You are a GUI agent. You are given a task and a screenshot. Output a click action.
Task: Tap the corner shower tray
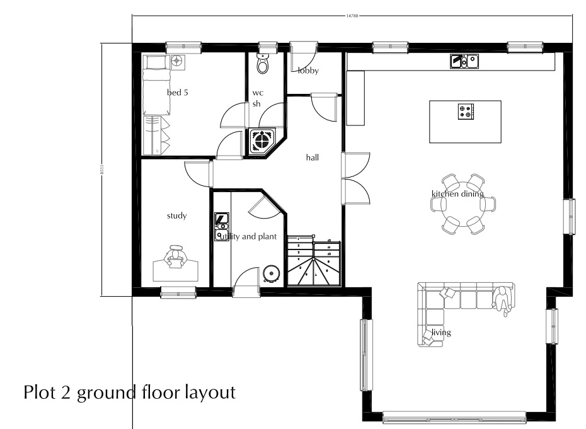(x=261, y=140)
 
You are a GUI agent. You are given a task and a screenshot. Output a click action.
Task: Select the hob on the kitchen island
(x=466, y=112)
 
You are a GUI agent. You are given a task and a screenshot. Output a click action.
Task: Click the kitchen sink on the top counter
(x=464, y=61)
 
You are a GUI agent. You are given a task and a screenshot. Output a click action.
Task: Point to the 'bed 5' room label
(x=177, y=93)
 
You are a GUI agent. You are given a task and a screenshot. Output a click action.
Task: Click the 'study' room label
(x=176, y=216)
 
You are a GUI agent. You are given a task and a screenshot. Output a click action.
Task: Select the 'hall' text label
(x=312, y=157)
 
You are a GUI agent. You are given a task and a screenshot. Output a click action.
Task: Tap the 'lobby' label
(x=309, y=71)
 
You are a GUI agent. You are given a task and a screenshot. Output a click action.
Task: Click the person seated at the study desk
(x=176, y=257)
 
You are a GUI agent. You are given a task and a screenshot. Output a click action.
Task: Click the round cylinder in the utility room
(x=272, y=272)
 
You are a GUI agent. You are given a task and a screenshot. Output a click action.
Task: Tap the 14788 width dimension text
(x=352, y=14)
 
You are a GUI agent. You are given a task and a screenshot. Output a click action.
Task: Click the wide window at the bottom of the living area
(x=454, y=416)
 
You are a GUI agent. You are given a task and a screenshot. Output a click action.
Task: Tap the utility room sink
(x=222, y=220)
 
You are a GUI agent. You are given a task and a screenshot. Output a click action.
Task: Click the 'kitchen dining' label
(x=457, y=194)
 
